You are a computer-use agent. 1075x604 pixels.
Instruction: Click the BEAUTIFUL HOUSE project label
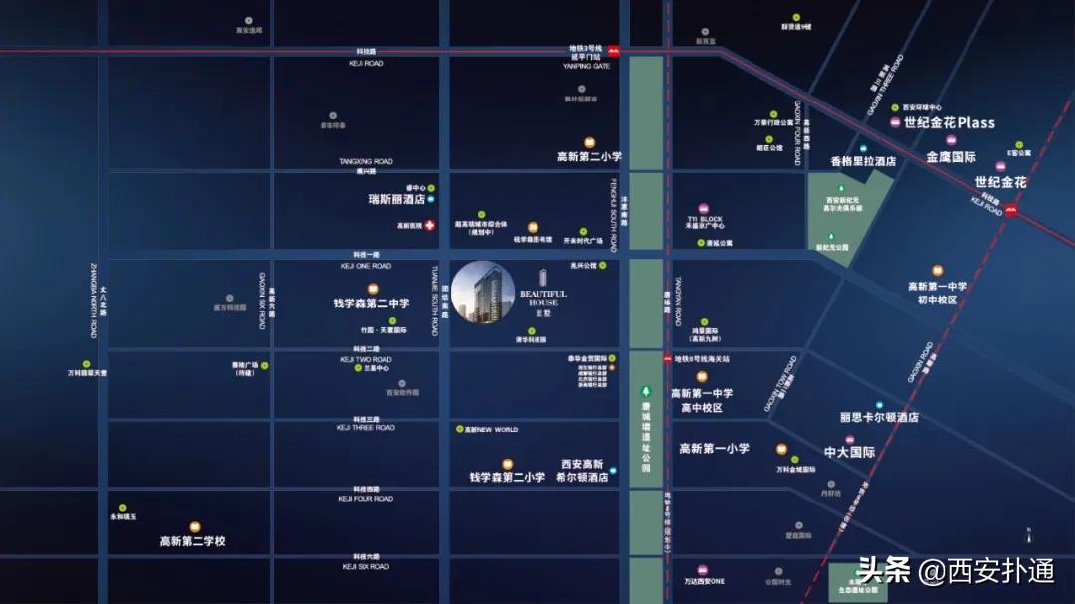pos(543,296)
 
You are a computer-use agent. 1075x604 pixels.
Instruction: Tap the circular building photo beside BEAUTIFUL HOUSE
pos(483,293)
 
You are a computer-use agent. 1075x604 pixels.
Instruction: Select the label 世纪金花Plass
pos(949,123)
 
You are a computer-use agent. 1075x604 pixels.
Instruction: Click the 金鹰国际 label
pos(952,157)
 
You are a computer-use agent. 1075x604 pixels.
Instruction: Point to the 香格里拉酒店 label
pos(863,160)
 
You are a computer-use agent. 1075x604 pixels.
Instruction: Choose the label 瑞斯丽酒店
pos(397,199)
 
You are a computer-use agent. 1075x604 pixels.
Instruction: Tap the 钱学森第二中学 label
pos(371,303)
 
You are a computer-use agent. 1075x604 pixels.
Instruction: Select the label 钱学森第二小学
pos(507,477)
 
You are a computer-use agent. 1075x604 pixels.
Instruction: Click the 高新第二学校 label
pos(193,541)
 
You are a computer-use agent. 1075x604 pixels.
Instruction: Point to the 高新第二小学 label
pos(589,156)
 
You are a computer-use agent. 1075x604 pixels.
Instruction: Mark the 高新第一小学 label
pos(714,449)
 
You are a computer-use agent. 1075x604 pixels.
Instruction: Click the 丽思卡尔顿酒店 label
pos(878,418)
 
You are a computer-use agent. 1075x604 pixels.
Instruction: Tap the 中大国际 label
pos(849,452)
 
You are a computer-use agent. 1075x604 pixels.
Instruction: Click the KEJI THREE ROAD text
pos(365,428)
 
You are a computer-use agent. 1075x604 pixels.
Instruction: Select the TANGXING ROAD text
pos(365,161)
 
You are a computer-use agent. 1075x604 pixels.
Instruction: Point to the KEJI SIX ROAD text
pos(364,566)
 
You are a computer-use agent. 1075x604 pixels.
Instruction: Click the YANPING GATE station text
pos(586,66)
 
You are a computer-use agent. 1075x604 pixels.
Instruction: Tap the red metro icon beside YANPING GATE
pos(614,51)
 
